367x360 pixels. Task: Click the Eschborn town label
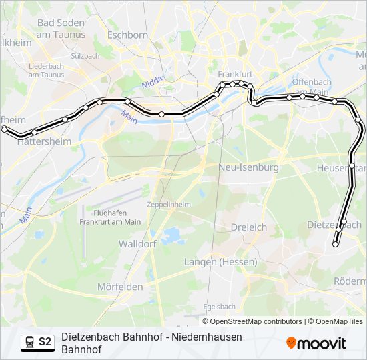tap(127, 35)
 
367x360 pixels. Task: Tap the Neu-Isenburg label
tap(249, 167)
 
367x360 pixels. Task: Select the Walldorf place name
tap(137, 244)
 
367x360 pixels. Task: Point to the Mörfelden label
tap(120, 287)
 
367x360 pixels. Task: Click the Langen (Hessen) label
tap(220, 262)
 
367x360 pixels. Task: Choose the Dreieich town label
tap(248, 227)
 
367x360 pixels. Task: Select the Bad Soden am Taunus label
tap(61, 28)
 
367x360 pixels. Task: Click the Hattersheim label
tap(44, 142)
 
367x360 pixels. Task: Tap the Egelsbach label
tap(220, 307)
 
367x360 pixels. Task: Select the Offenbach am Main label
tap(311, 86)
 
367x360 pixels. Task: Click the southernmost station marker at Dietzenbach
tap(336, 245)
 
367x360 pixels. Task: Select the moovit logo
tap(316, 343)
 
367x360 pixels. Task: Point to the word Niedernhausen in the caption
tap(204, 337)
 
